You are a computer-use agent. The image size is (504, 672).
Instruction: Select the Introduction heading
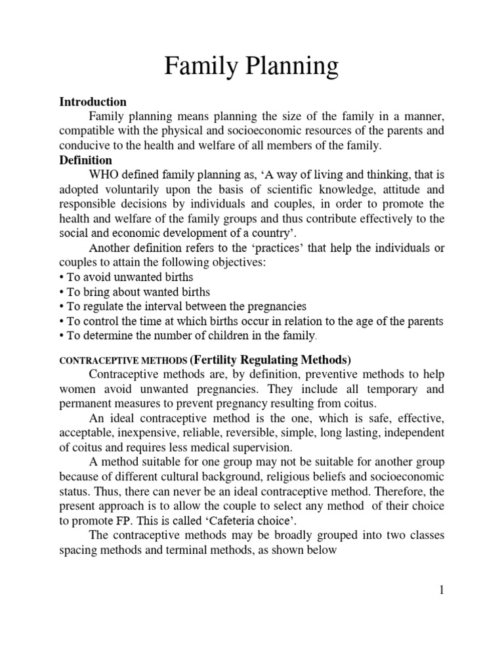[93, 102]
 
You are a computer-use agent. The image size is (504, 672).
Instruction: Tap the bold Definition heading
[85, 160]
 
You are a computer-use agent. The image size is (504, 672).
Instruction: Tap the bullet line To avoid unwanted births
[123, 277]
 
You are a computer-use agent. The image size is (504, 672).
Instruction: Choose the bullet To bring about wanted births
[135, 292]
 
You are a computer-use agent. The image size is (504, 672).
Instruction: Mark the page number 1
[441, 590]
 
